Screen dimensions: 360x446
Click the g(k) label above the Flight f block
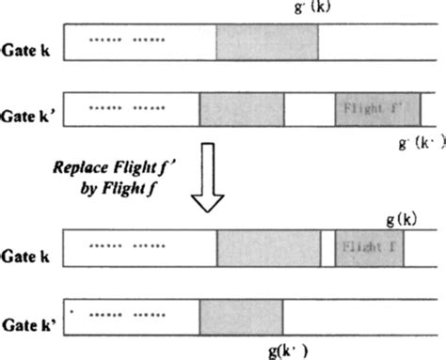403,218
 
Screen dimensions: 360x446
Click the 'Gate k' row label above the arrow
29,45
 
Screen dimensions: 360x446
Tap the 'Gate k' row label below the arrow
29,254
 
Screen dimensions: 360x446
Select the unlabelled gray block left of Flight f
267,248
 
